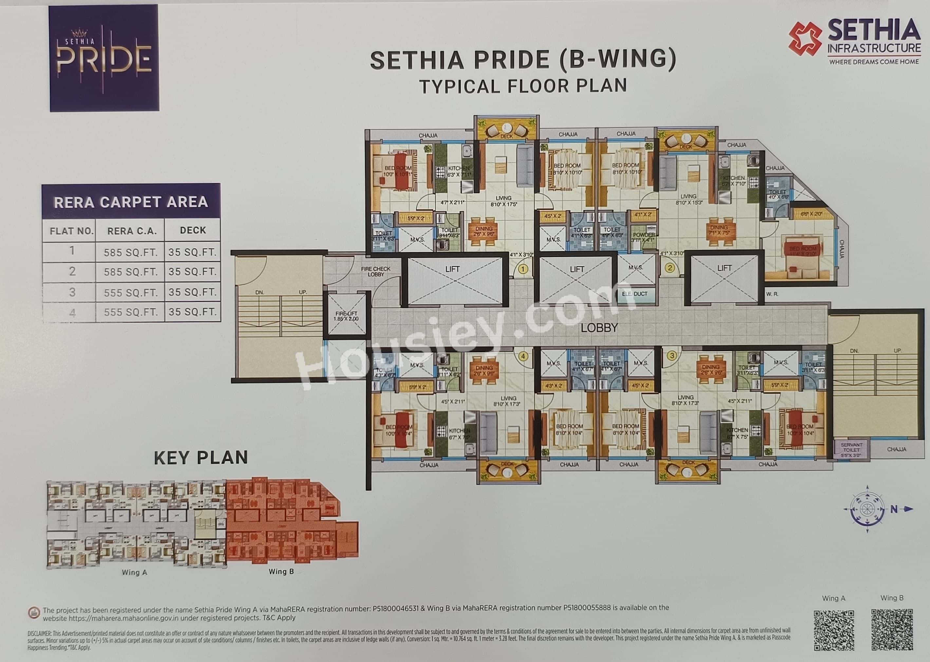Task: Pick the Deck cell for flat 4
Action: (193, 312)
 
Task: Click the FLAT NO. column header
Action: (72, 231)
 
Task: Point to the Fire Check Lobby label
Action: (376, 271)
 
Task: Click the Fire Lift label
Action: (346, 316)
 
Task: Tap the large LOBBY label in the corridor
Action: (599, 327)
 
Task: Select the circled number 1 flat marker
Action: (524, 269)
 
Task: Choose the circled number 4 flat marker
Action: (524, 356)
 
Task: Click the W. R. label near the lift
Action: (772, 294)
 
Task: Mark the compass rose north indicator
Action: (894, 509)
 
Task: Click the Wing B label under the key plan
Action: (281, 572)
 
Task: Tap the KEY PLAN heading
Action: (201, 457)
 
